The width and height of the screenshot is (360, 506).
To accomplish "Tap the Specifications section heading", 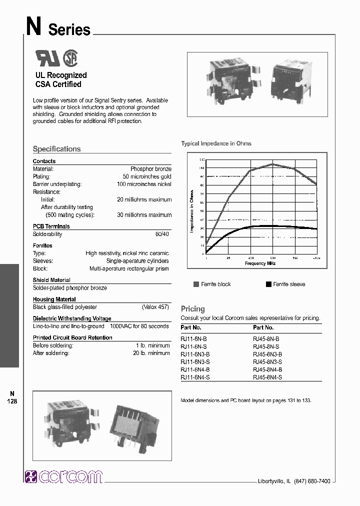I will coord(56,149).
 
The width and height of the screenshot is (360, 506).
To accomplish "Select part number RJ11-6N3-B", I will coord(194,353).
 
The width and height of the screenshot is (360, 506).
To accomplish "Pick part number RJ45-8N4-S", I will coord(267,377).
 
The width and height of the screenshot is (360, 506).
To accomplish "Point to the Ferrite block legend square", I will coord(196,284).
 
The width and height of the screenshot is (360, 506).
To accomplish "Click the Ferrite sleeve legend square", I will coord(269,284).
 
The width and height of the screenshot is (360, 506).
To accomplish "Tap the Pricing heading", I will coord(192,309).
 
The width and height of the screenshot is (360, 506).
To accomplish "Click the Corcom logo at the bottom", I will coord(63,476).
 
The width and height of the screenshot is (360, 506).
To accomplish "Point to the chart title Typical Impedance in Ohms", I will coord(216,143).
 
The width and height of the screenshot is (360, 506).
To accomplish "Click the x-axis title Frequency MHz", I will coord(260,263).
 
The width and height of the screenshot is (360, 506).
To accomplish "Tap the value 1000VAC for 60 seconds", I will coord(140,326).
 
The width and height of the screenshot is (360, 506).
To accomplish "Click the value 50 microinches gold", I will coord(147,176).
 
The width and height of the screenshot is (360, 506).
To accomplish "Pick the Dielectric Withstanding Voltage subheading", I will coord(72,318).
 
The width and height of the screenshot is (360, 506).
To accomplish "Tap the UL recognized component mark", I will coord(47,58).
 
